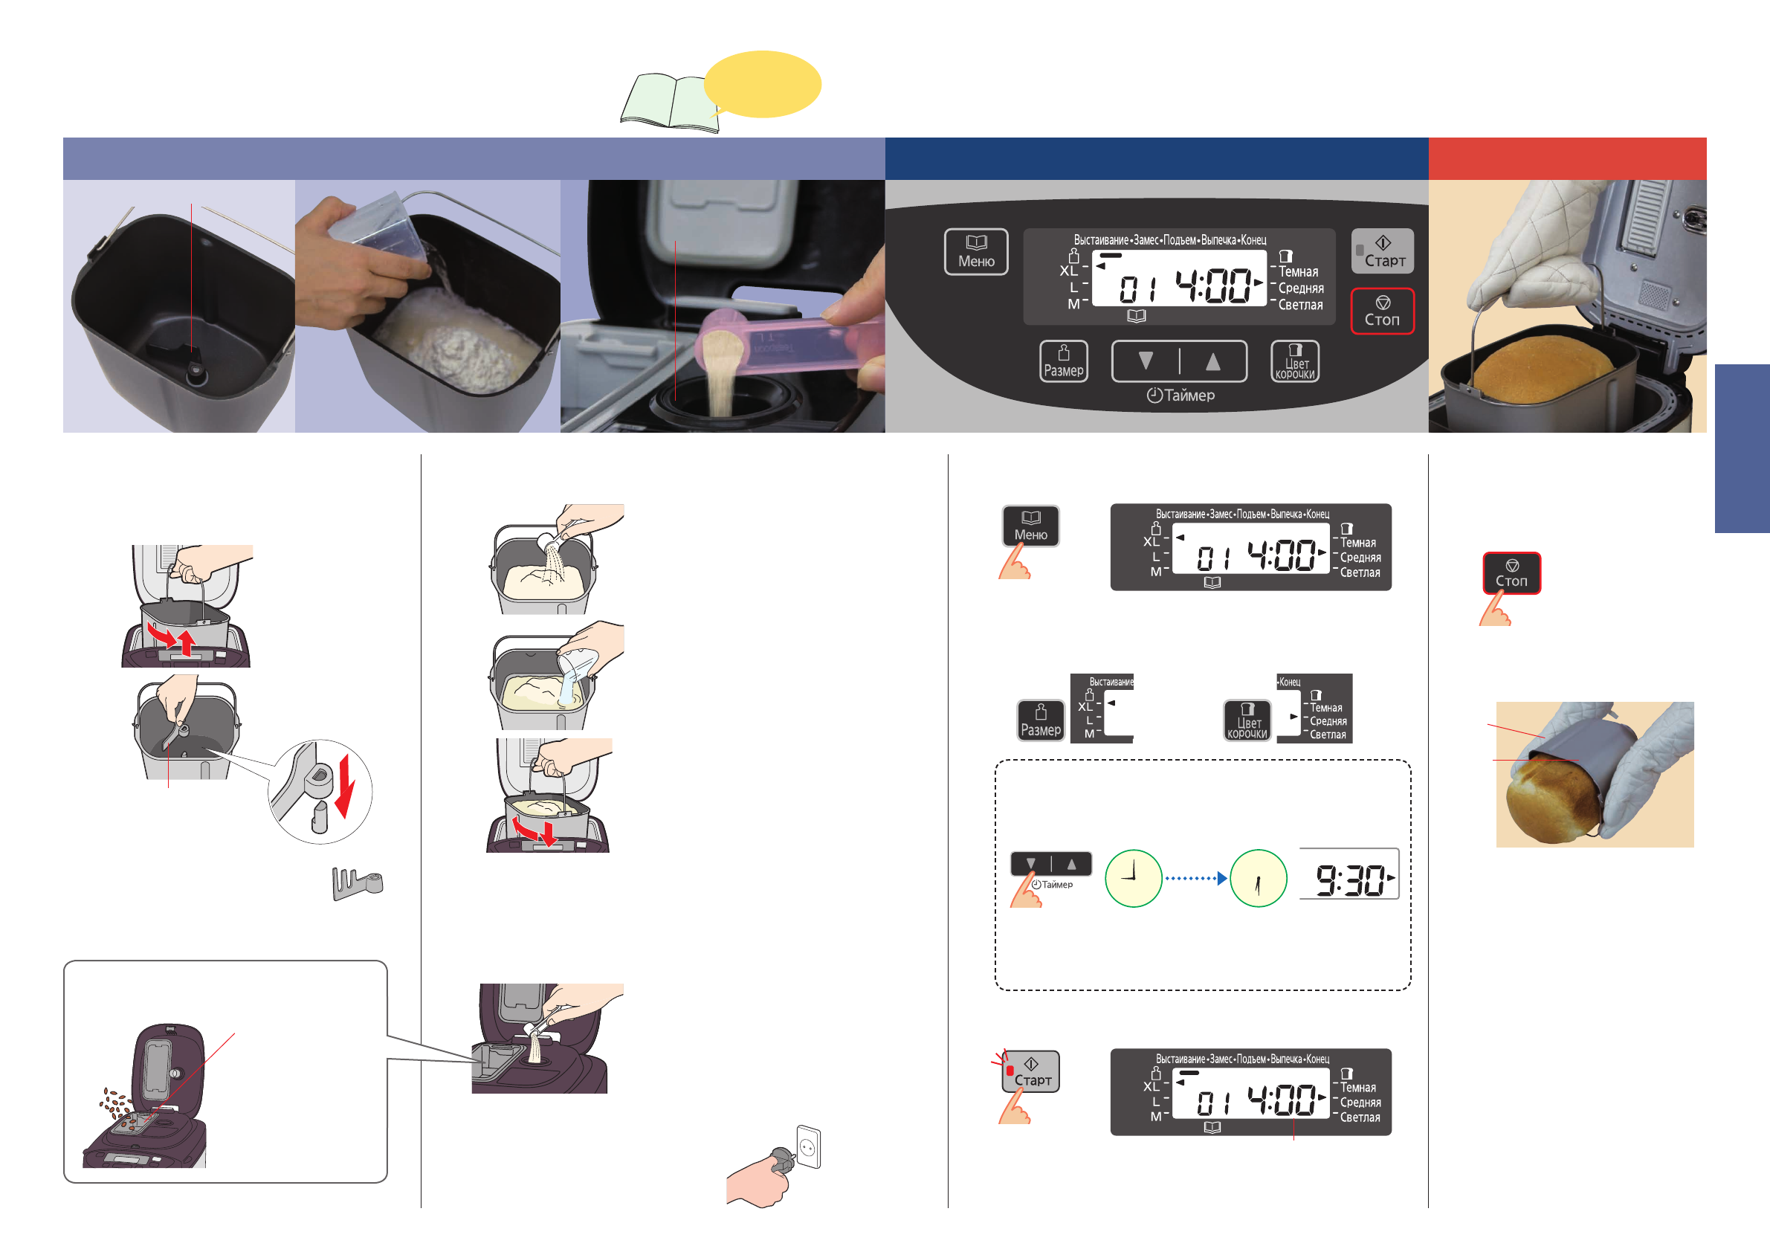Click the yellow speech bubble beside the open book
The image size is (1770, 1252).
[x=763, y=84]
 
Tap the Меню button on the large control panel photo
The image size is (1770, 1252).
[x=976, y=252]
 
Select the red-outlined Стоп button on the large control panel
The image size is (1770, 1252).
[x=1382, y=312]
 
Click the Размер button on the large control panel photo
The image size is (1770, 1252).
[x=1064, y=361]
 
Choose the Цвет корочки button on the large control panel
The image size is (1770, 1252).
[x=1295, y=361]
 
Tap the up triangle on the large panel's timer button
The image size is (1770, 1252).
[x=1212, y=361]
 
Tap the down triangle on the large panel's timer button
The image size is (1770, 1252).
[x=1146, y=361]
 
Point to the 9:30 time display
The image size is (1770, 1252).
[x=1349, y=879]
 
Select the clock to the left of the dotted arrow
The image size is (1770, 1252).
[x=1133, y=878]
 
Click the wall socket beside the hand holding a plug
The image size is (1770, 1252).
[x=809, y=1147]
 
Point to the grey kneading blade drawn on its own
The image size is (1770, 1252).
[x=357, y=883]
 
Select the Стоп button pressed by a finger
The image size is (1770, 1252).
[x=1512, y=572]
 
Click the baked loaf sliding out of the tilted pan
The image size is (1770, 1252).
[x=1545, y=801]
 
